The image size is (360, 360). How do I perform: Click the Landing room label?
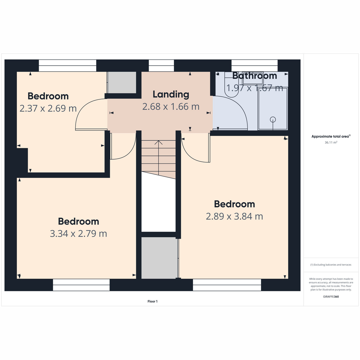(171, 95)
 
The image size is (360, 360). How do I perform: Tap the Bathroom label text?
(254, 76)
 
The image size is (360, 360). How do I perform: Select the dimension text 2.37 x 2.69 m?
(48, 108)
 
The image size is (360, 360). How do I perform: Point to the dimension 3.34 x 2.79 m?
(78, 233)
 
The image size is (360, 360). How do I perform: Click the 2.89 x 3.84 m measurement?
(234, 216)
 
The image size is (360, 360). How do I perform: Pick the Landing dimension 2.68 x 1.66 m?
(171, 107)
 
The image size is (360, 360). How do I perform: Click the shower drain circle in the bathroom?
(273, 119)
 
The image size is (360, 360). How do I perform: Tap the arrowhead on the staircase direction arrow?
(158, 142)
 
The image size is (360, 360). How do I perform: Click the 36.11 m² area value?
(331, 142)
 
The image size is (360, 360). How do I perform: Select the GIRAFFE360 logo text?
(331, 296)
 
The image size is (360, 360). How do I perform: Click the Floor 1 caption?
(152, 301)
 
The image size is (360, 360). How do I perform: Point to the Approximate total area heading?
(331, 136)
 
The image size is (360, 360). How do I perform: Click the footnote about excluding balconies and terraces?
(331, 265)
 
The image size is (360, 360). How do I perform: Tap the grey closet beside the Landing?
(122, 82)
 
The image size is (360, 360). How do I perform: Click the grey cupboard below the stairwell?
(159, 258)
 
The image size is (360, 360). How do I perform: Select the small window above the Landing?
(161, 66)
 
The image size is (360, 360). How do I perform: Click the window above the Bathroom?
(254, 66)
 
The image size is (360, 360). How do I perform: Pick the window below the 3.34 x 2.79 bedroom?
(81, 285)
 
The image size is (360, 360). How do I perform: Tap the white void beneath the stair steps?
(158, 204)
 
